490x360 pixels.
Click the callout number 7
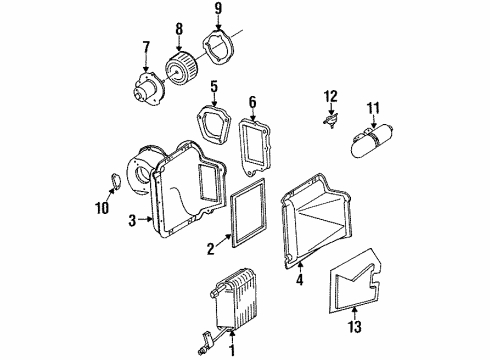[x=145, y=46]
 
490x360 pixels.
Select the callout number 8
[x=179, y=28]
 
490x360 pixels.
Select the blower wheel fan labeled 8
[x=184, y=71]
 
